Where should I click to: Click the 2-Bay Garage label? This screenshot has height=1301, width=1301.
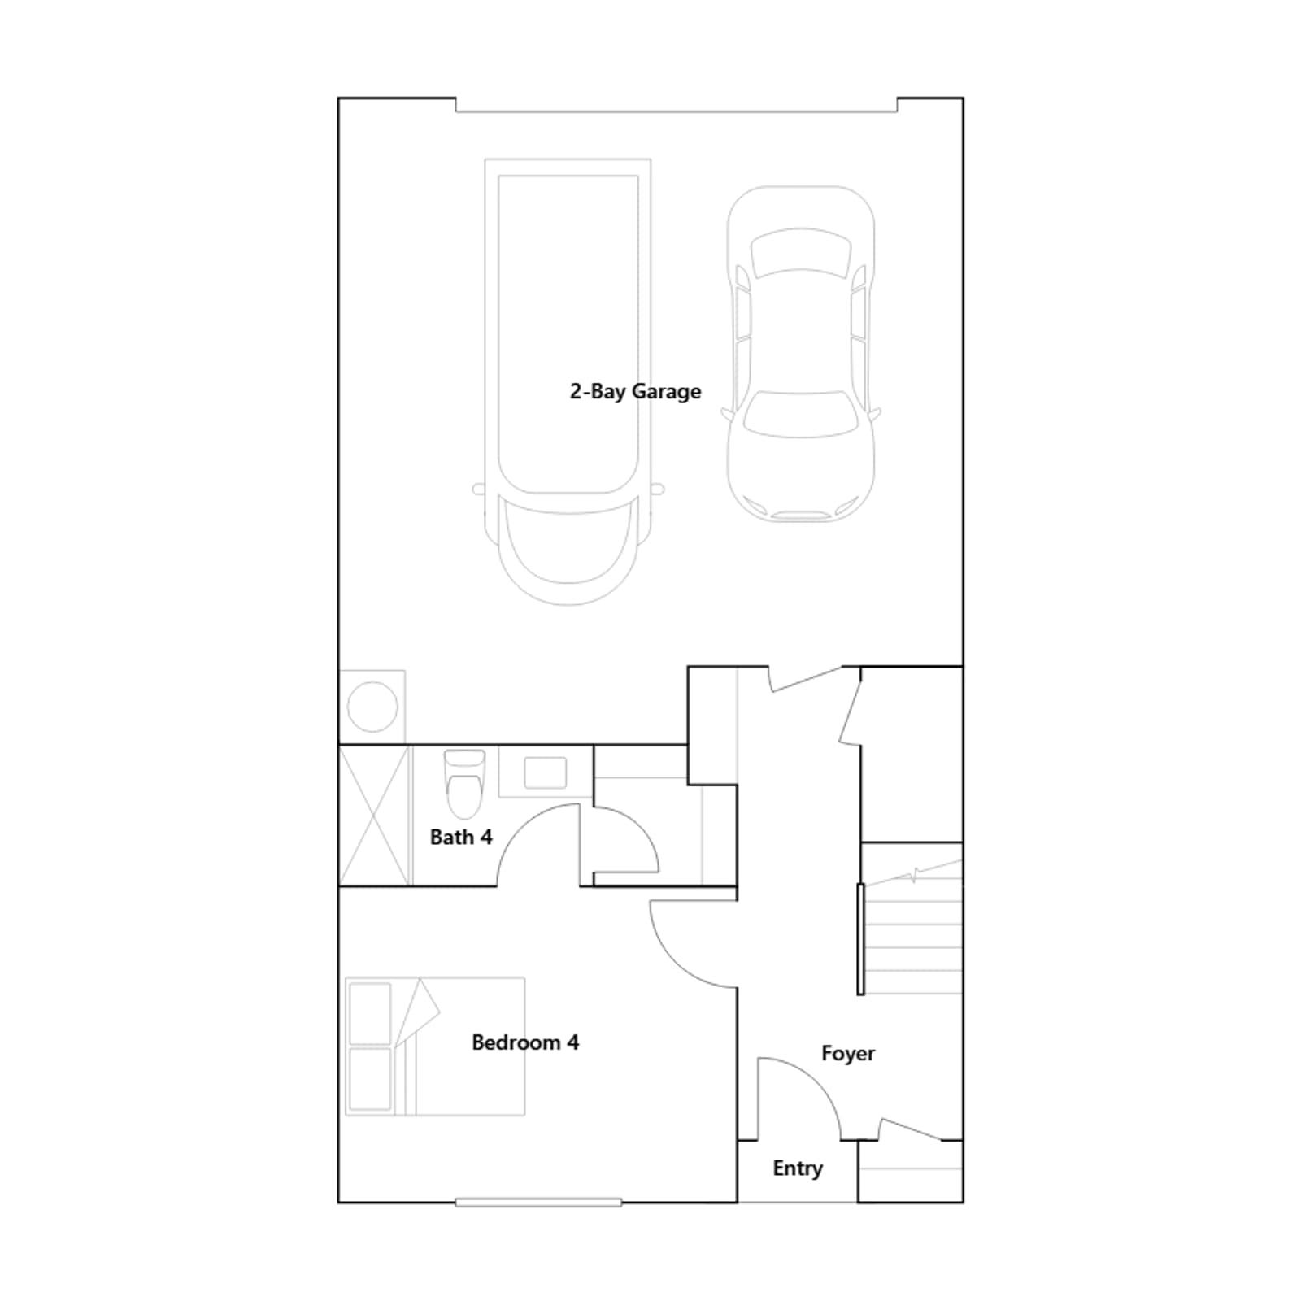(x=635, y=392)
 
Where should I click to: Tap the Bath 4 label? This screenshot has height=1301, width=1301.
(x=461, y=837)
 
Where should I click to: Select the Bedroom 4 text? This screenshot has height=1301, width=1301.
(x=525, y=1042)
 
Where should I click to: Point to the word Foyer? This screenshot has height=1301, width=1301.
(x=848, y=1053)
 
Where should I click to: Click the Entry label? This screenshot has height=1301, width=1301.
(x=798, y=1168)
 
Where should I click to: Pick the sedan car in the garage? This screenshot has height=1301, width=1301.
(x=801, y=354)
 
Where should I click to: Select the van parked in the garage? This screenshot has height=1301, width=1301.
(x=568, y=382)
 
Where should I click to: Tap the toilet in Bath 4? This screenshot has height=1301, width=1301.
(x=464, y=784)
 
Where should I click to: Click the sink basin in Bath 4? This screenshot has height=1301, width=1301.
(x=545, y=772)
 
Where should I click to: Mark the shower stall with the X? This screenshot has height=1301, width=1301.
(x=374, y=816)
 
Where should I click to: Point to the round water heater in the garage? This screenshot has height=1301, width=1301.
(x=372, y=707)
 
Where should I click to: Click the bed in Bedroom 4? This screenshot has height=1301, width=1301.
(x=435, y=1046)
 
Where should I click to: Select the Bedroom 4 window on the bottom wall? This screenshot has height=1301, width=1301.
(x=538, y=1203)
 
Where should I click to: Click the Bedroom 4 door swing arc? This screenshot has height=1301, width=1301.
(x=675, y=959)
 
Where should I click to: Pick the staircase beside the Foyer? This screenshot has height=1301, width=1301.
(x=912, y=927)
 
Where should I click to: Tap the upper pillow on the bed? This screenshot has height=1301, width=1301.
(x=370, y=1013)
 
